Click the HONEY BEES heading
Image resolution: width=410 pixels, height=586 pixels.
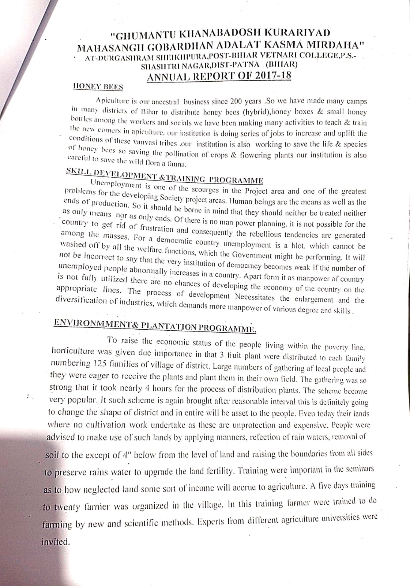98,87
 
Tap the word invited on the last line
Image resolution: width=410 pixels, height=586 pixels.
55,542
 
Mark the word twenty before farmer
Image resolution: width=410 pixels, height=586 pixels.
65,508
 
